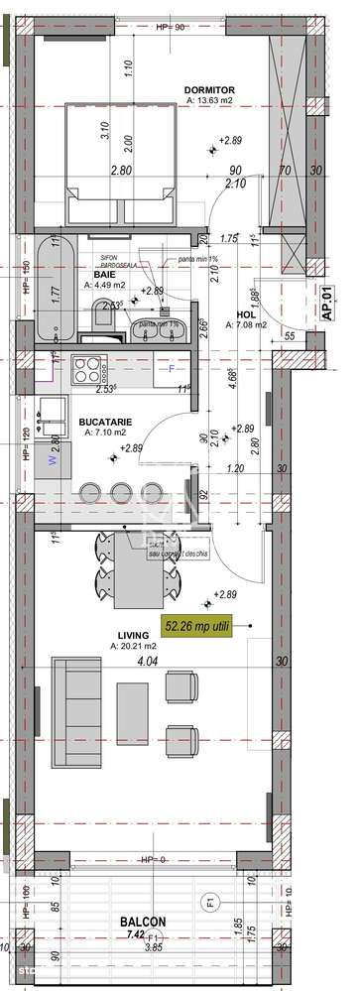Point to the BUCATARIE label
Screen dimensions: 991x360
108,420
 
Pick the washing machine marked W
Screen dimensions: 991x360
54,433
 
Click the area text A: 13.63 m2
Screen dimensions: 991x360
212,101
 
